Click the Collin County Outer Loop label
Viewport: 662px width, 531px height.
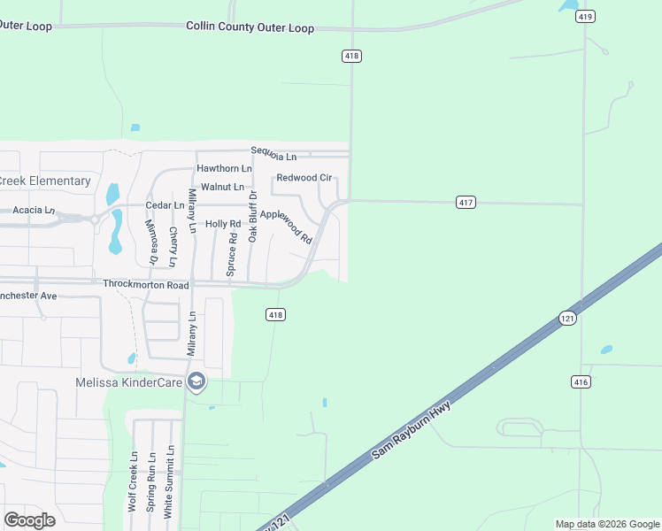250,27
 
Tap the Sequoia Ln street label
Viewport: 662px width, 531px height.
273,155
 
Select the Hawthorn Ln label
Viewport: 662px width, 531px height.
224,168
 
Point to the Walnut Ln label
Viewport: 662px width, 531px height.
222,187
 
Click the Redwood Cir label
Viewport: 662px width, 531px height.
304,178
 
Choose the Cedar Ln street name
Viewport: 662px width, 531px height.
165,205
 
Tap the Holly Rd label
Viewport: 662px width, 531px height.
223,224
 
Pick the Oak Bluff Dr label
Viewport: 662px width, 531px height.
252,216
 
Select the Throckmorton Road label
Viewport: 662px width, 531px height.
146,285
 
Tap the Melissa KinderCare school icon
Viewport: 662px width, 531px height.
196,382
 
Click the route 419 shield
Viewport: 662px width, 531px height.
586,16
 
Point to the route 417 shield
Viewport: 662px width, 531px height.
466,203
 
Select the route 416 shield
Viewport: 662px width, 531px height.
581,381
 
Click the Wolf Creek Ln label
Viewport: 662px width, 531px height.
134,482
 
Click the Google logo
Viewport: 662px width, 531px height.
29,520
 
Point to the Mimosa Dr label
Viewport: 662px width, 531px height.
150,242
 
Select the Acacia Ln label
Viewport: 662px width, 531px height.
34,211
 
